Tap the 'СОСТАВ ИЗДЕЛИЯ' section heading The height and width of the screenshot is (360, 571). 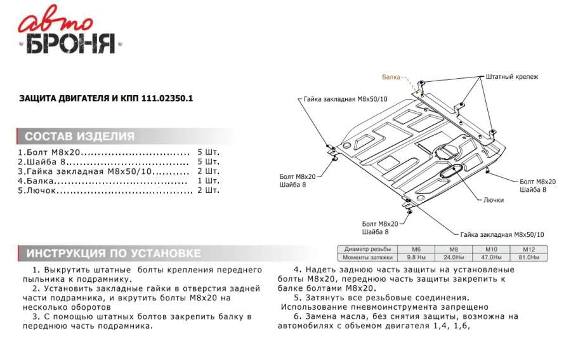coord(79,137)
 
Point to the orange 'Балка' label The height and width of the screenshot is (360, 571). coord(391,77)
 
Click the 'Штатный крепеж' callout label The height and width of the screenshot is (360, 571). coord(511,77)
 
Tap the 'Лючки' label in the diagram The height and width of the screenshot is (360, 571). coord(493,200)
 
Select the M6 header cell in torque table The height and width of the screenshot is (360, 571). coord(416,249)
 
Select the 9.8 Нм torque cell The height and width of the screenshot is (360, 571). coord(416,257)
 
